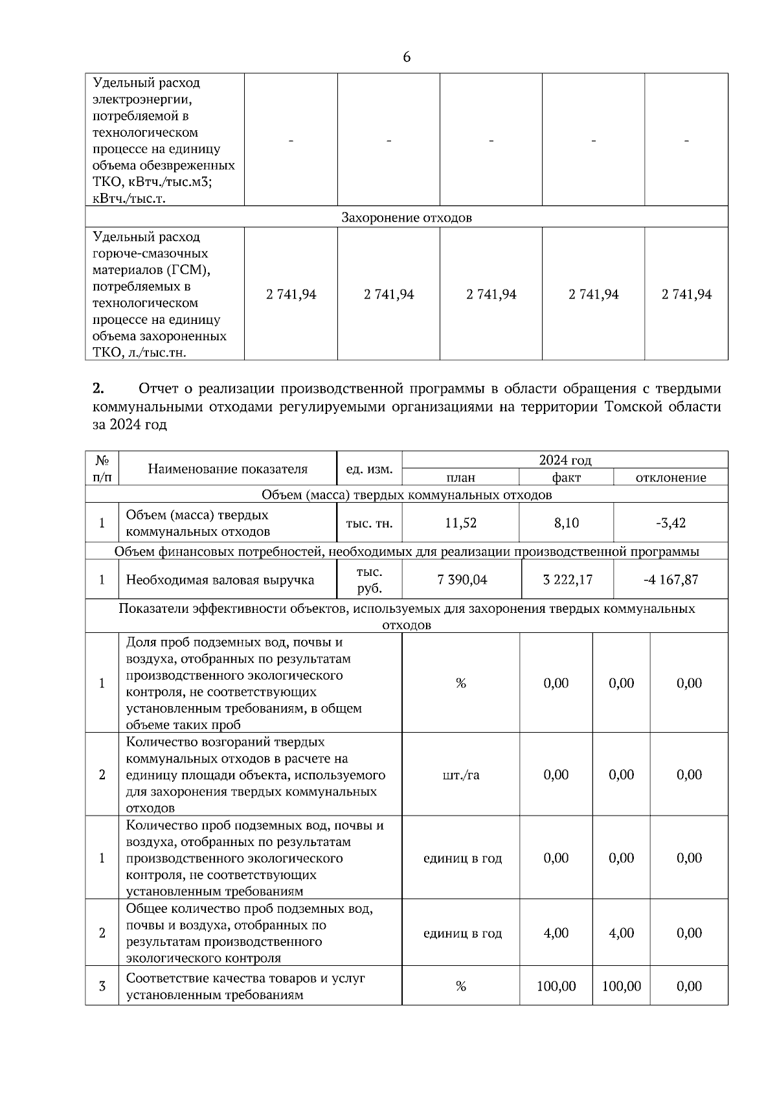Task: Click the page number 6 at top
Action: pos(407,57)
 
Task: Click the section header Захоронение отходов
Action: pos(407,218)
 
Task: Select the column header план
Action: pos(460,477)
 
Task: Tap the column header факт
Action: pos(567,477)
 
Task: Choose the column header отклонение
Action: pos(671,477)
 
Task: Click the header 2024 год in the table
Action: pos(565,460)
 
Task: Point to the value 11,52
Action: pos(460,523)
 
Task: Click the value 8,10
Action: pos(567,523)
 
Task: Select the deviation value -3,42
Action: pos(671,523)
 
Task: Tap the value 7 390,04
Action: pos(462,579)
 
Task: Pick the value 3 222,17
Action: pos(568,579)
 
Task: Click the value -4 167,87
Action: pos(671,579)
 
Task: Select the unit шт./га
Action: pos(461,775)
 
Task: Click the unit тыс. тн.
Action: pos(370,523)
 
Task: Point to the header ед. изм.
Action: pos(370,468)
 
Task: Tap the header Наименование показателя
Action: pos(228,468)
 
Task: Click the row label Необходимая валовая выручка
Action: pos(220,580)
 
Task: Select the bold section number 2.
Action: pos(98,389)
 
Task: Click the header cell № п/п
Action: pos(102,468)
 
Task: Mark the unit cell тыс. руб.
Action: pos(370,580)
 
